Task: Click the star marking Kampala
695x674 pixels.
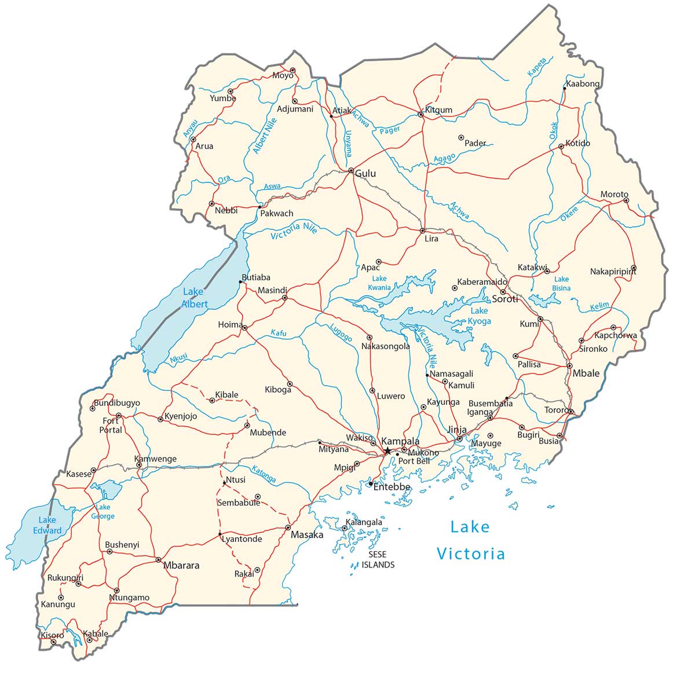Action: coord(387,450)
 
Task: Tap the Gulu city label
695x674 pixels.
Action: coord(365,174)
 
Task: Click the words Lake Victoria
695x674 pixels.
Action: coord(470,540)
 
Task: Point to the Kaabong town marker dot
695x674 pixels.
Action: coord(564,88)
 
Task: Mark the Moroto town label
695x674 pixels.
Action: coord(614,195)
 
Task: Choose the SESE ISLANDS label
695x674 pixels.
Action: coord(378,559)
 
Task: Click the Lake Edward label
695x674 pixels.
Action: coord(47,525)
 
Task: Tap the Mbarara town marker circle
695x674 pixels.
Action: coord(158,559)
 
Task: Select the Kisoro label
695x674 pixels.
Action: coord(52,635)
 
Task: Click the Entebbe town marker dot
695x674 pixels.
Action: coord(371,483)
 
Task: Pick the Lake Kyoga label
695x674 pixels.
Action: coord(480,316)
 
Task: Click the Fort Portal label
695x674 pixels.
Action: coord(110,426)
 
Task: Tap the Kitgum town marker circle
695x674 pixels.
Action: coord(421,115)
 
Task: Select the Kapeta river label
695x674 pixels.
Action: coord(537,67)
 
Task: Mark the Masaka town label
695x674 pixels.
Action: coord(306,534)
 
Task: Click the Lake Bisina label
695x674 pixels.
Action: coord(561,284)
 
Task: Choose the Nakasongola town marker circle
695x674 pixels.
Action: coord(370,337)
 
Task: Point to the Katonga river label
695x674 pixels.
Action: coord(264,474)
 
